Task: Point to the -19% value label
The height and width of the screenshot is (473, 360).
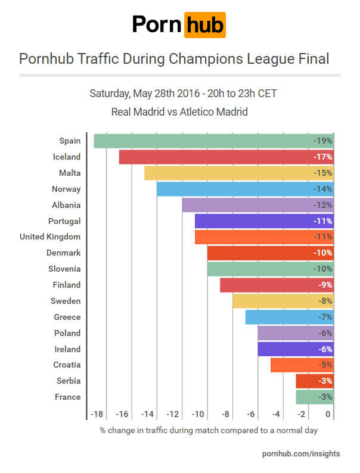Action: [x=322, y=141]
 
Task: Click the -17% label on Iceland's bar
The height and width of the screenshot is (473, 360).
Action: [x=322, y=157]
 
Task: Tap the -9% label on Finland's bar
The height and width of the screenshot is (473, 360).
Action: [x=324, y=285]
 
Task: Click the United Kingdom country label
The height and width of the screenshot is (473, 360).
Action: [x=50, y=237]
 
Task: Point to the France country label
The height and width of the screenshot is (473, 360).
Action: [x=67, y=397]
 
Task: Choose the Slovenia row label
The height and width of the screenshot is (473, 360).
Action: [x=64, y=269]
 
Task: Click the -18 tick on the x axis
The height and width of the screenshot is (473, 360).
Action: [x=98, y=415]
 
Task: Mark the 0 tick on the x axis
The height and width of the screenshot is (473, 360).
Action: [x=328, y=415]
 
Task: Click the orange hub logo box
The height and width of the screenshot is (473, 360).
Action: [x=204, y=25]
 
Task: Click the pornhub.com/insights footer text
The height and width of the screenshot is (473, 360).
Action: [x=301, y=454]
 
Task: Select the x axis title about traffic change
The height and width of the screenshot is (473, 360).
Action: [x=209, y=430]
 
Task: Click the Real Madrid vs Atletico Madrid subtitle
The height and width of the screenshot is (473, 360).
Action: [x=179, y=111]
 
